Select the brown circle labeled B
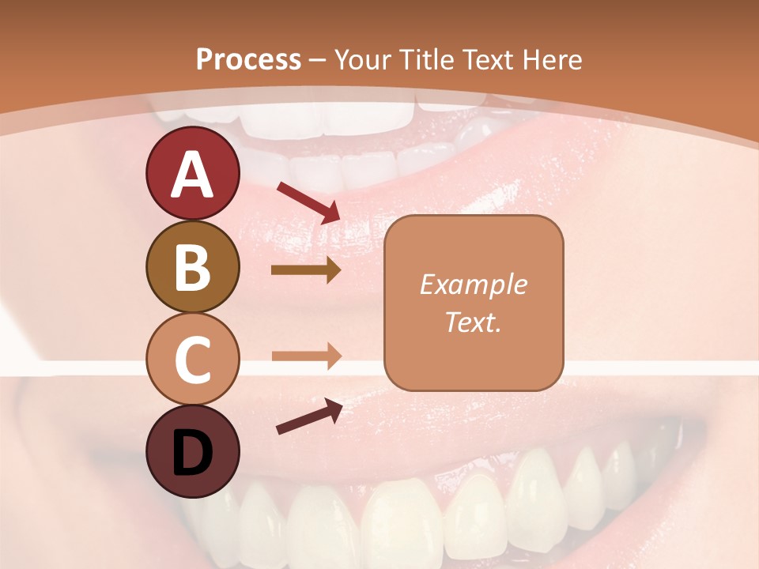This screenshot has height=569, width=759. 193,267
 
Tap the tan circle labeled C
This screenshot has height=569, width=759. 193,360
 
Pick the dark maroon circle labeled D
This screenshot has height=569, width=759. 193,451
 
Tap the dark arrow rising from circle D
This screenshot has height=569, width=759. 309,416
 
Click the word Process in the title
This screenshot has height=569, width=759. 248,59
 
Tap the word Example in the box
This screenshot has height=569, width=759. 473,284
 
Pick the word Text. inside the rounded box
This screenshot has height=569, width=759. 473,322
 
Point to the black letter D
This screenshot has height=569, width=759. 193,454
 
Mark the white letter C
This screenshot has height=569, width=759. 193,360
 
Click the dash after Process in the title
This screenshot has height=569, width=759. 318,60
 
